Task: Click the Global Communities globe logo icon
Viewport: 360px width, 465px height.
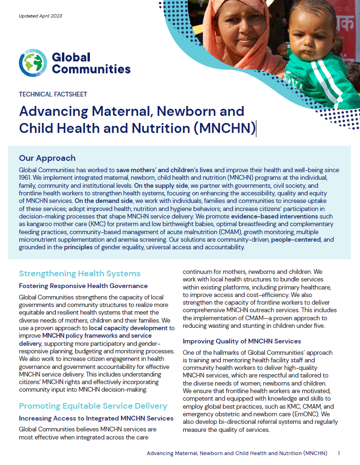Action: [33, 63]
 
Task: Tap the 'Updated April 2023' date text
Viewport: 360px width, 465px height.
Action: [40, 16]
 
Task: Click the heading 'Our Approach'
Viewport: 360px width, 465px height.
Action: [47, 158]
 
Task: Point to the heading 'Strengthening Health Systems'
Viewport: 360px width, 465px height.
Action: [79, 273]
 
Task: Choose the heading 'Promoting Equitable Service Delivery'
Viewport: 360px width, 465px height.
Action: [93, 406]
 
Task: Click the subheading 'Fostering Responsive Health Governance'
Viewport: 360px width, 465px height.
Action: [83, 286]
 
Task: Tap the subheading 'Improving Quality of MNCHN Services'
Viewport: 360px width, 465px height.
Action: [242, 341]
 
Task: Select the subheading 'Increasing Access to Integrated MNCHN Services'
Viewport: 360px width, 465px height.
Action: [96, 418]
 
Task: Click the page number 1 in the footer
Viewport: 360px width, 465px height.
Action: [339, 453]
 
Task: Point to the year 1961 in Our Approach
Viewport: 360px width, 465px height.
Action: [26, 177]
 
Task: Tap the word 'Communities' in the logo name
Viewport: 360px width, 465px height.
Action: [91, 70]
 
